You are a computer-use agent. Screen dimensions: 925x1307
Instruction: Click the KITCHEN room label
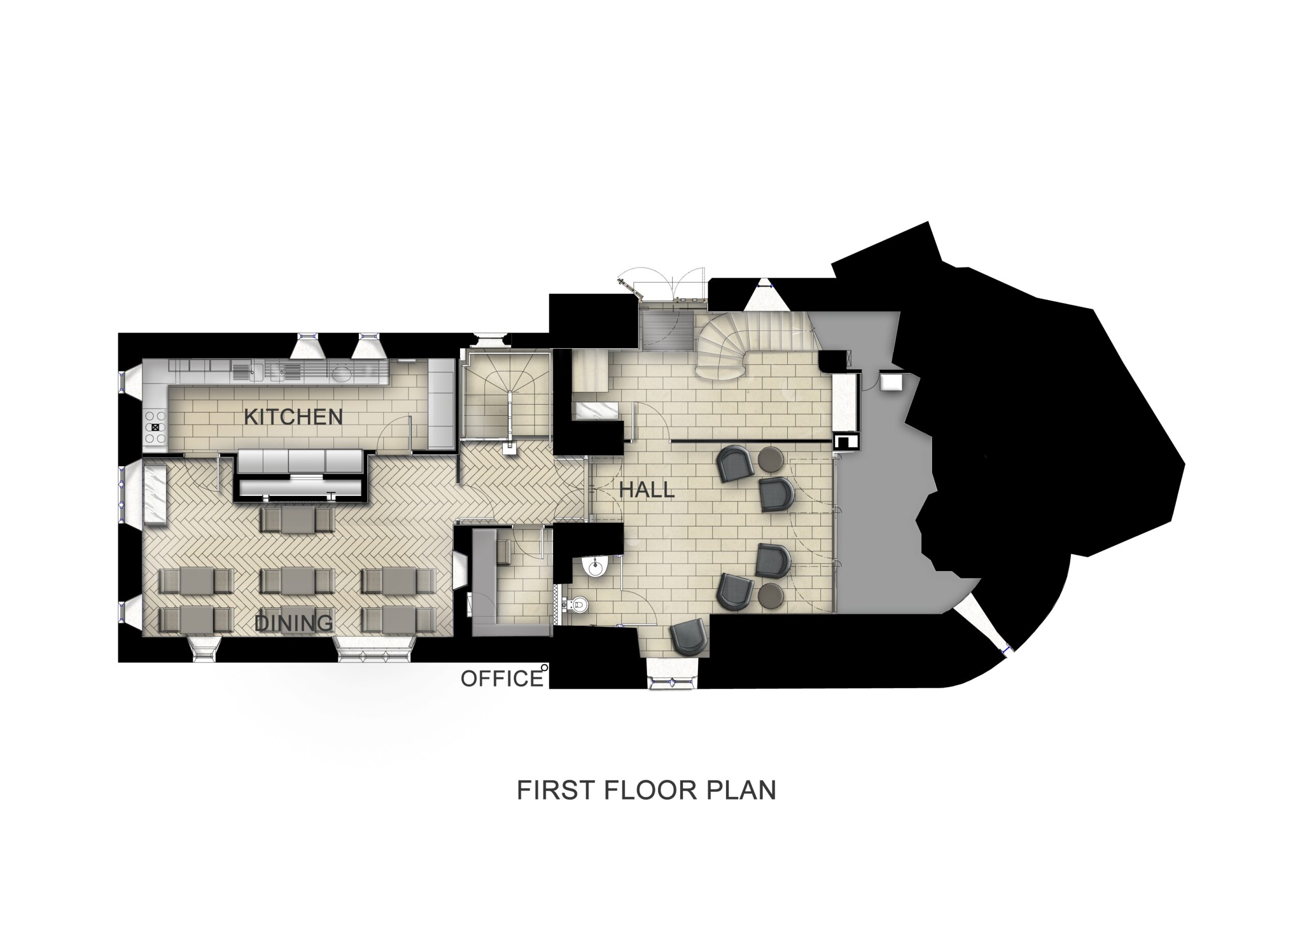(293, 417)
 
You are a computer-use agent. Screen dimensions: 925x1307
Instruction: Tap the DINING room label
(294, 623)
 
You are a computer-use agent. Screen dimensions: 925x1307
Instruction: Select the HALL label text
(646, 490)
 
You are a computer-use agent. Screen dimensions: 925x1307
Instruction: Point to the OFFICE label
(501, 679)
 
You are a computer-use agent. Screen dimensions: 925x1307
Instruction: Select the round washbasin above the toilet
(595, 566)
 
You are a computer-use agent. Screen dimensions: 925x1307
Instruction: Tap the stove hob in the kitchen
(155, 426)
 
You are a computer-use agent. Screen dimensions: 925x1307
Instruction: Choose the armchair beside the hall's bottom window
(689, 637)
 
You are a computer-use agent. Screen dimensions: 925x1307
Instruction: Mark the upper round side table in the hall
(771, 459)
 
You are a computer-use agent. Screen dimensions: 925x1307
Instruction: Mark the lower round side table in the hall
(771, 595)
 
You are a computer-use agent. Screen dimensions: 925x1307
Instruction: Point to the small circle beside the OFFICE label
(545, 667)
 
